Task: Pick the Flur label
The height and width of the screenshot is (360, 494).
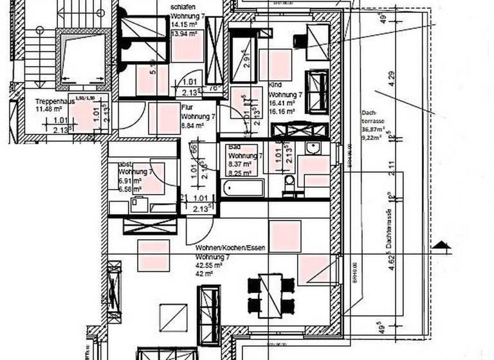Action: pyautogui.click(x=187, y=109)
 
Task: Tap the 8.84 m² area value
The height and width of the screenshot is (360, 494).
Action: pyautogui.click(x=192, y=126)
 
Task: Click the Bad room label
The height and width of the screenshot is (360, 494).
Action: pyautogui.click(x=235, y=148)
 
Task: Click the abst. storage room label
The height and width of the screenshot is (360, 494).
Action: pyautogui.click(x=126, y=163)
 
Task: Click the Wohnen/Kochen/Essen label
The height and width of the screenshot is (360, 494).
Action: pyautogui.click(x=230, y=248)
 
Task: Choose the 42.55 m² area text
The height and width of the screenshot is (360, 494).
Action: pyautogui.click(x=209, y=264)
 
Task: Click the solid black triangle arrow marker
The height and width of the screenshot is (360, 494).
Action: pyautogui.click(x=439, y=244)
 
